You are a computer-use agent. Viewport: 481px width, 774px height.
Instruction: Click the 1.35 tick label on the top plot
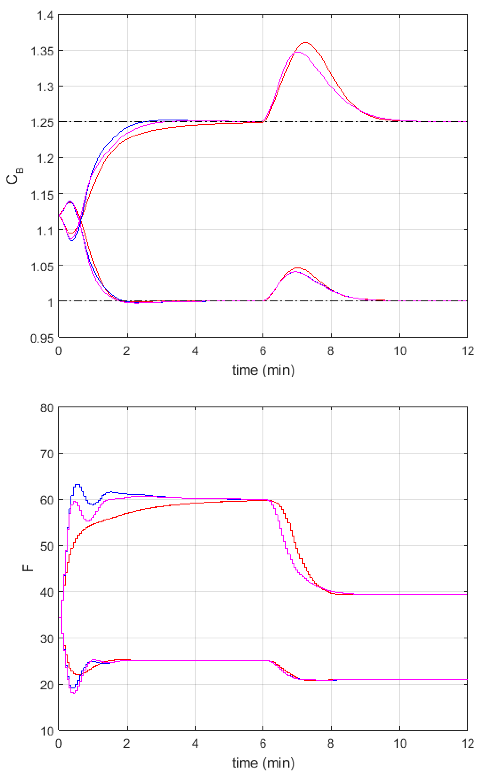click(42, 51)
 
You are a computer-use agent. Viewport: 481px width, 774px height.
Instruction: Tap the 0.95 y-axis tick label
click(42, 338)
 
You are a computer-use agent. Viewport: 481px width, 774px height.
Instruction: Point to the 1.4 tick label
click(45, 15)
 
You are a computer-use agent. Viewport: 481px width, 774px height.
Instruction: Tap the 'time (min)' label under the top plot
click(263, 370)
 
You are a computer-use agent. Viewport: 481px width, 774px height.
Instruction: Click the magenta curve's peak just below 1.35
click(298, 52)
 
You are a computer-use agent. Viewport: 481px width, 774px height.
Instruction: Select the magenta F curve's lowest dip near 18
click(74, 693)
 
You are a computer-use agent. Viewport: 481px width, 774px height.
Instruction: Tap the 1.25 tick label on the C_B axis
click(42, 123)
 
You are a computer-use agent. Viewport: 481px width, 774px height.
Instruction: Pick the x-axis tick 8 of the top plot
click(331, 351)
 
